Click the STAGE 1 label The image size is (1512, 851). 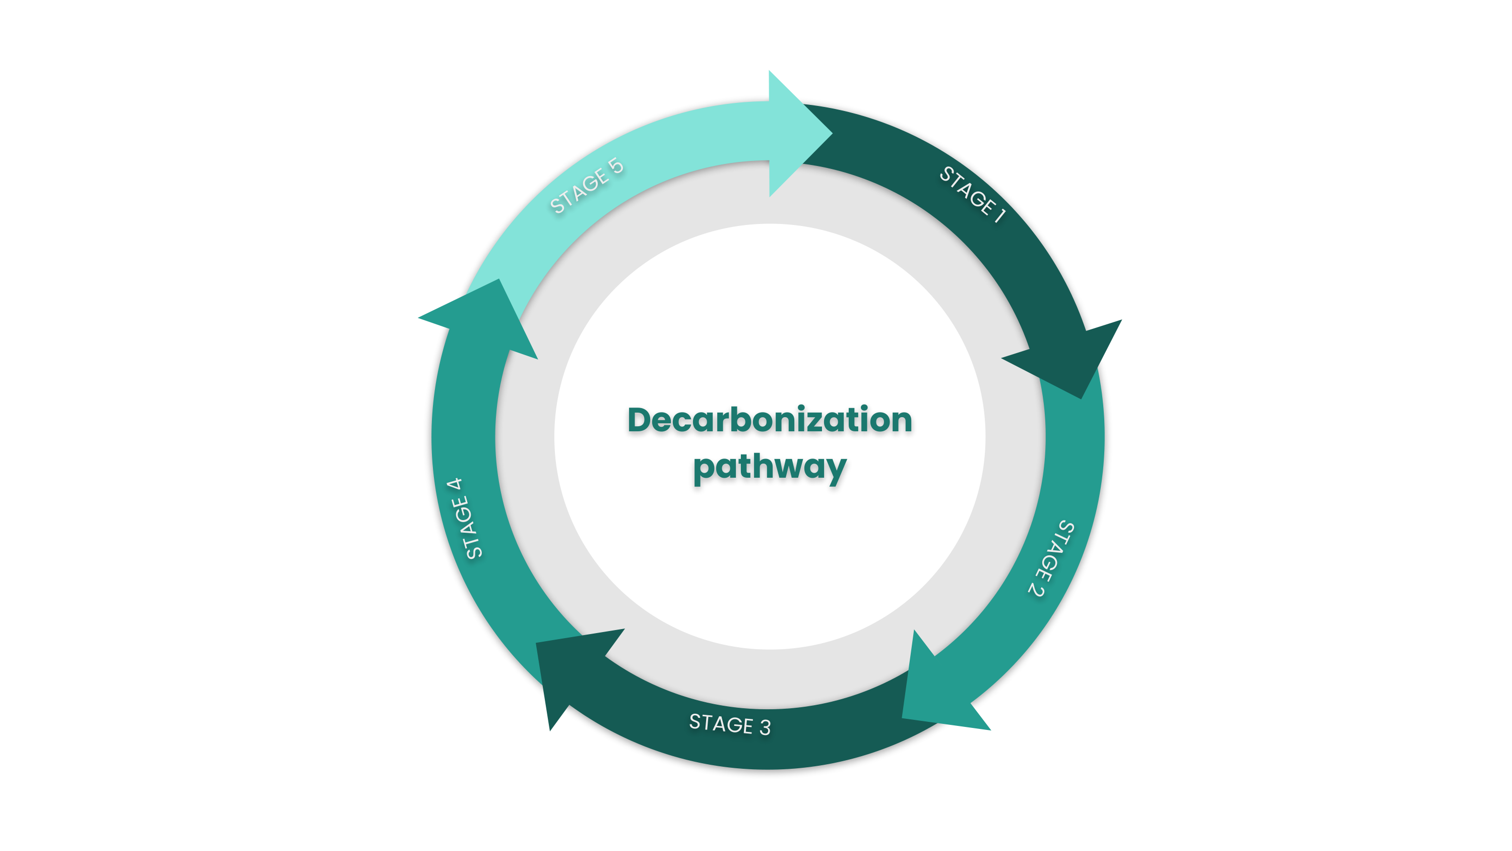click(x=973, y=194)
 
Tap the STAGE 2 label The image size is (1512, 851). click(x=1051, y=558)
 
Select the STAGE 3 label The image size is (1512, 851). click(x=730, y=724)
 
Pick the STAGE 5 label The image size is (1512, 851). click(x=586, y=185)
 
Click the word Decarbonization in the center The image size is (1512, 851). click(x=770, y=421)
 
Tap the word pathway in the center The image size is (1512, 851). click(x=770, y=468)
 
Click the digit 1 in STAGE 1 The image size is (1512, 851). click(x=999, y=215)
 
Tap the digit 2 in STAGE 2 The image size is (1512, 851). click(x=1037, y=589)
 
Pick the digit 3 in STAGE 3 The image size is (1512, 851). click(x=765, y=728)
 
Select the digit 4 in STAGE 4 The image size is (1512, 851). click(x=454, y=486)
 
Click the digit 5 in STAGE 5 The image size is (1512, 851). click(x=616, y=165)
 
